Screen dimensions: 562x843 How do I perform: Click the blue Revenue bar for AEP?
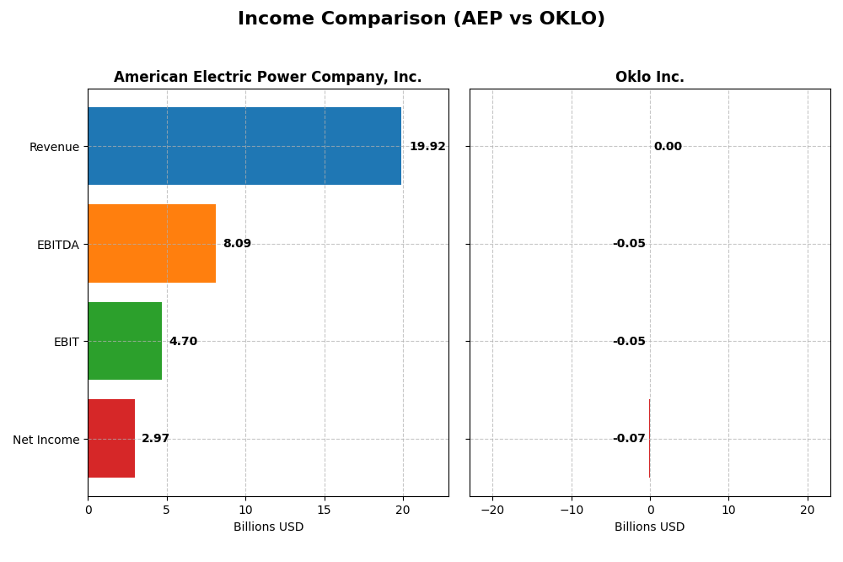point(244,146)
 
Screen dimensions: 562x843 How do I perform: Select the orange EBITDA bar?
point(152,243)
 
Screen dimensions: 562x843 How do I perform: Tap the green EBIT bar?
point(125,341)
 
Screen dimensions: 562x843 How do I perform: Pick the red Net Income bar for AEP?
point(111,438)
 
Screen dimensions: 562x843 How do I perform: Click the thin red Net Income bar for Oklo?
point(649,438)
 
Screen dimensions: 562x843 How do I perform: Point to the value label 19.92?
point(427,147)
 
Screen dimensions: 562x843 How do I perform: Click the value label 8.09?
point(237,244)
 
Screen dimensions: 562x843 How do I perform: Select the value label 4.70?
point(183,342)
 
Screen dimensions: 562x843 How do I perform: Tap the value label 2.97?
point(155,439)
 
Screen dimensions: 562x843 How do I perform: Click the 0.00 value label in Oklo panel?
point(668,147)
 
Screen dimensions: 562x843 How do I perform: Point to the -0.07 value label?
point(629,439)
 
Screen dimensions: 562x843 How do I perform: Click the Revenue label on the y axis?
point(54,148)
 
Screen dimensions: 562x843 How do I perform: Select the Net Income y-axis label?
point(46,440)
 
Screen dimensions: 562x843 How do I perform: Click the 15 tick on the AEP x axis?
point(325,510)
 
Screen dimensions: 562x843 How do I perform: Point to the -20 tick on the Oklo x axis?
point(492,510)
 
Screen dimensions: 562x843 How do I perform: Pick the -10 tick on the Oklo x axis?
point(571,510)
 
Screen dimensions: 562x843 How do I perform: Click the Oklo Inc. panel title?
point(649,78)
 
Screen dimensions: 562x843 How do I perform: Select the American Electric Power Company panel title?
point(267,78)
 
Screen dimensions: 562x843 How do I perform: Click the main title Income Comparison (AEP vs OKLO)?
point(421,19)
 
